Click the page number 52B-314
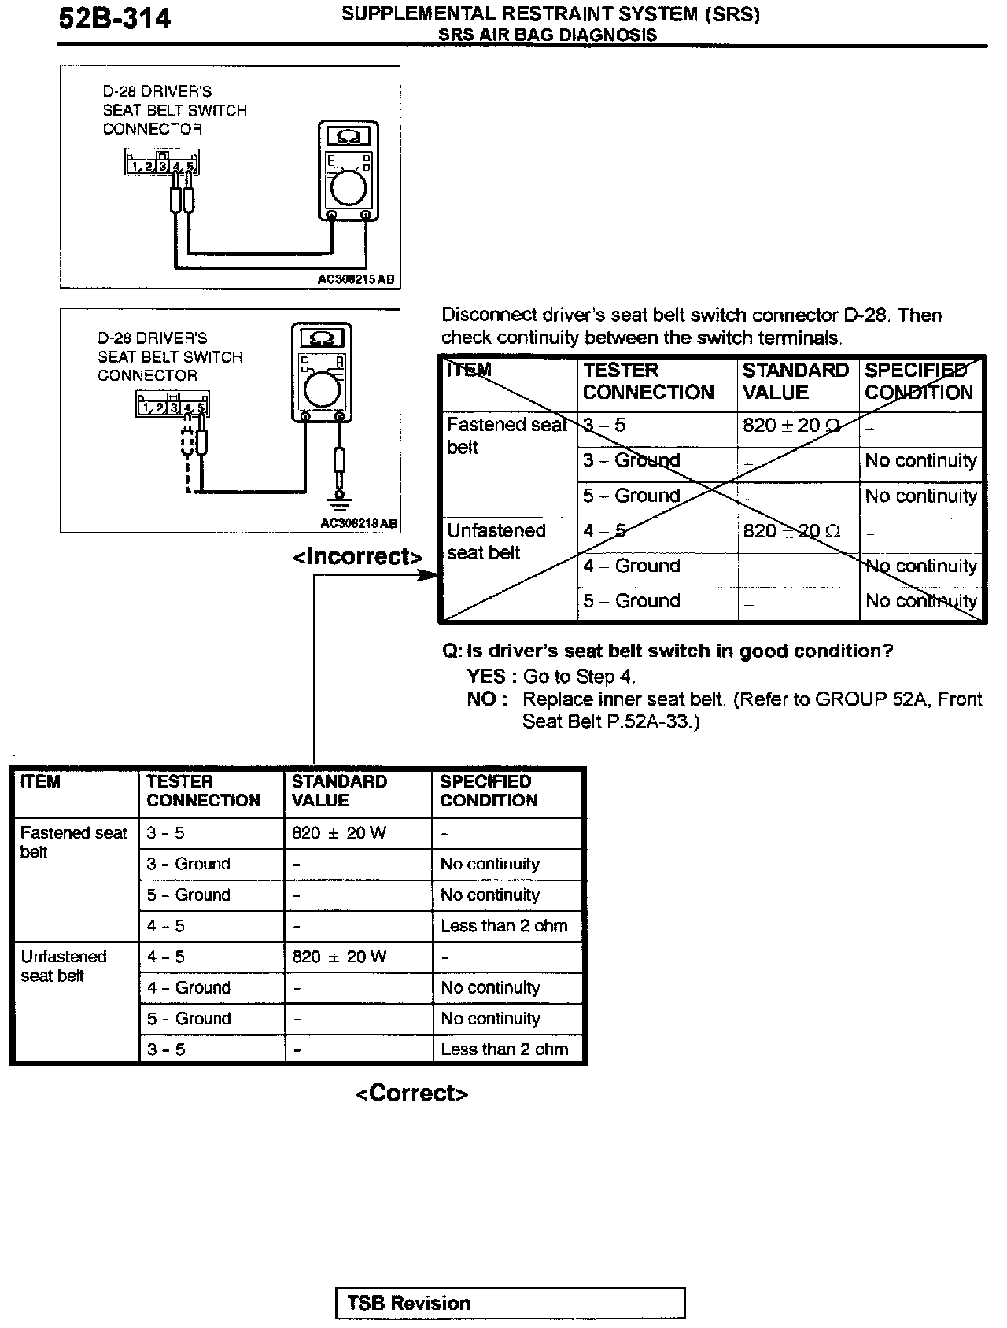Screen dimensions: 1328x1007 coord(115,18)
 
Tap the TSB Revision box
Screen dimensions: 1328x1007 coord(510,1303)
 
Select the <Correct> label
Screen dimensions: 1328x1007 coord(411,1093)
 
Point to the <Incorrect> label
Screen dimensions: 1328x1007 coord(358,556)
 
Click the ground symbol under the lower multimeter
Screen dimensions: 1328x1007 coord(340,501)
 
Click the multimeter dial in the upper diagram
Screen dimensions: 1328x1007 coord(348,187)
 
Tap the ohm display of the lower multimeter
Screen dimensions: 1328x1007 coord(322,338)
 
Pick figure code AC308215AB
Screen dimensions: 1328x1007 coord(356,279)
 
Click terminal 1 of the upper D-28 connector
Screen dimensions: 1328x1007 coord(135,167)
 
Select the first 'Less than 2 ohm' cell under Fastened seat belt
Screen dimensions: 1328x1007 coord(504,926)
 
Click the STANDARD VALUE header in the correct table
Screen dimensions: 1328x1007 coord(339,791)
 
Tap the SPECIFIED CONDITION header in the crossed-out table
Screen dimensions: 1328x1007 coord(918,382)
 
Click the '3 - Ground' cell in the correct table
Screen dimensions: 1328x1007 coord(189,864)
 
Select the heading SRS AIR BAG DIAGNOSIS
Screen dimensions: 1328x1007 coord(548,35)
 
